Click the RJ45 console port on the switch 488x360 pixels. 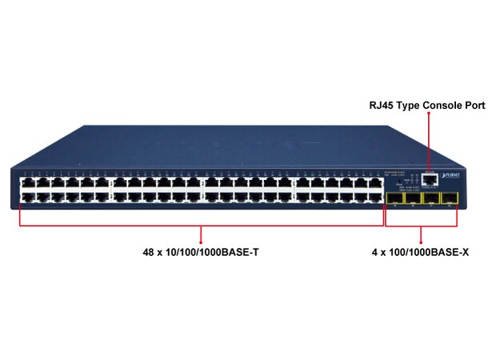coord(430,180)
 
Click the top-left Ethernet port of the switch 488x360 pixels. coord(26,184)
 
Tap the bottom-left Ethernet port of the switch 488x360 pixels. coord(26,198)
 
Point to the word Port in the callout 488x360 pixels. coord(472,105)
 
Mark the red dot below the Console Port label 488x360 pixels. coord(429,114)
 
